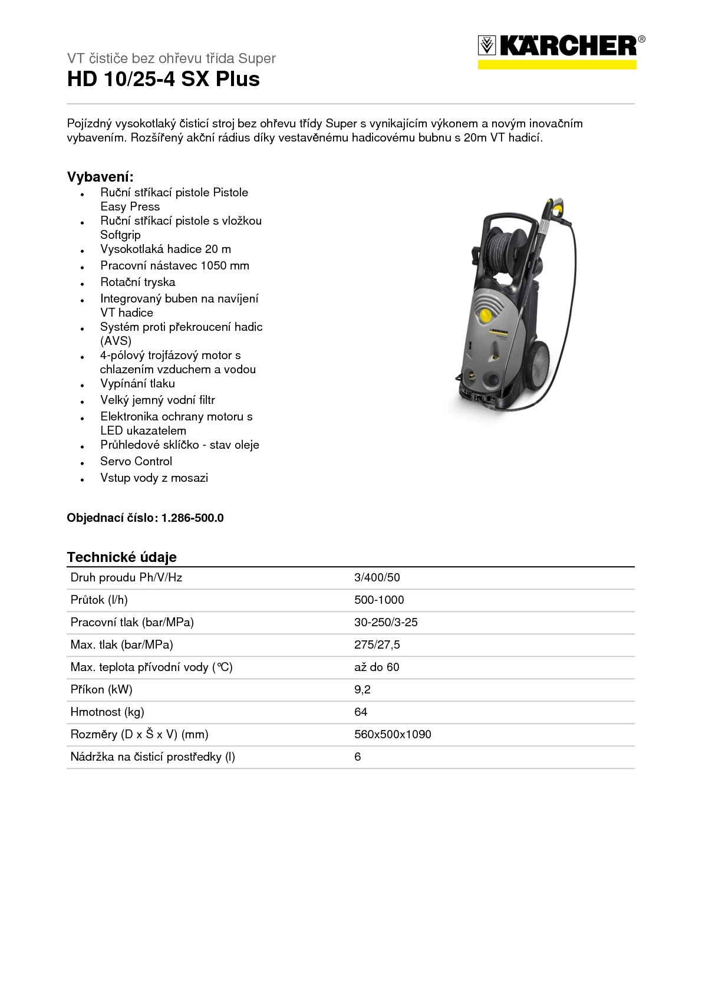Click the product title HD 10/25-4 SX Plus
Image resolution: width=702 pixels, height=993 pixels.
click(163, 79)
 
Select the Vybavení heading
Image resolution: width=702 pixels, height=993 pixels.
click(100, 177)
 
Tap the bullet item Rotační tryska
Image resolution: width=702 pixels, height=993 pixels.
click(137, 282)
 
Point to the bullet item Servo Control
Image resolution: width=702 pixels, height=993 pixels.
click(136, 461)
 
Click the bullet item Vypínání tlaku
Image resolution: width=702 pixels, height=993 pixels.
click(137, 383)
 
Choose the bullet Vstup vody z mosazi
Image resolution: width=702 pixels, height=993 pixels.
click(154, 478)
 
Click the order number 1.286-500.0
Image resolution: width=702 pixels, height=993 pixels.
click(192, 518)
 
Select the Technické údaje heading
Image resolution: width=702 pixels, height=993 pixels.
click(121, 557)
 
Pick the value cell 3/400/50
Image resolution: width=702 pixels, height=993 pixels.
click(377, 577)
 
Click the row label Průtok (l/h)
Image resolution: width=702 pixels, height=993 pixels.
click(99, 600)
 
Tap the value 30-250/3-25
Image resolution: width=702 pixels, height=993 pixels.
click(385, 622)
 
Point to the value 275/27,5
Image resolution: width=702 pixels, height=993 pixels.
click(377, 645)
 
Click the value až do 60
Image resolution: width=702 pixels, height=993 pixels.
click(376, 667)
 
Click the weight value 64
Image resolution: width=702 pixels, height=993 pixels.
click(361, 712)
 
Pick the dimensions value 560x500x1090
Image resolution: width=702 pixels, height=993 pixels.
click(393, 734)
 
